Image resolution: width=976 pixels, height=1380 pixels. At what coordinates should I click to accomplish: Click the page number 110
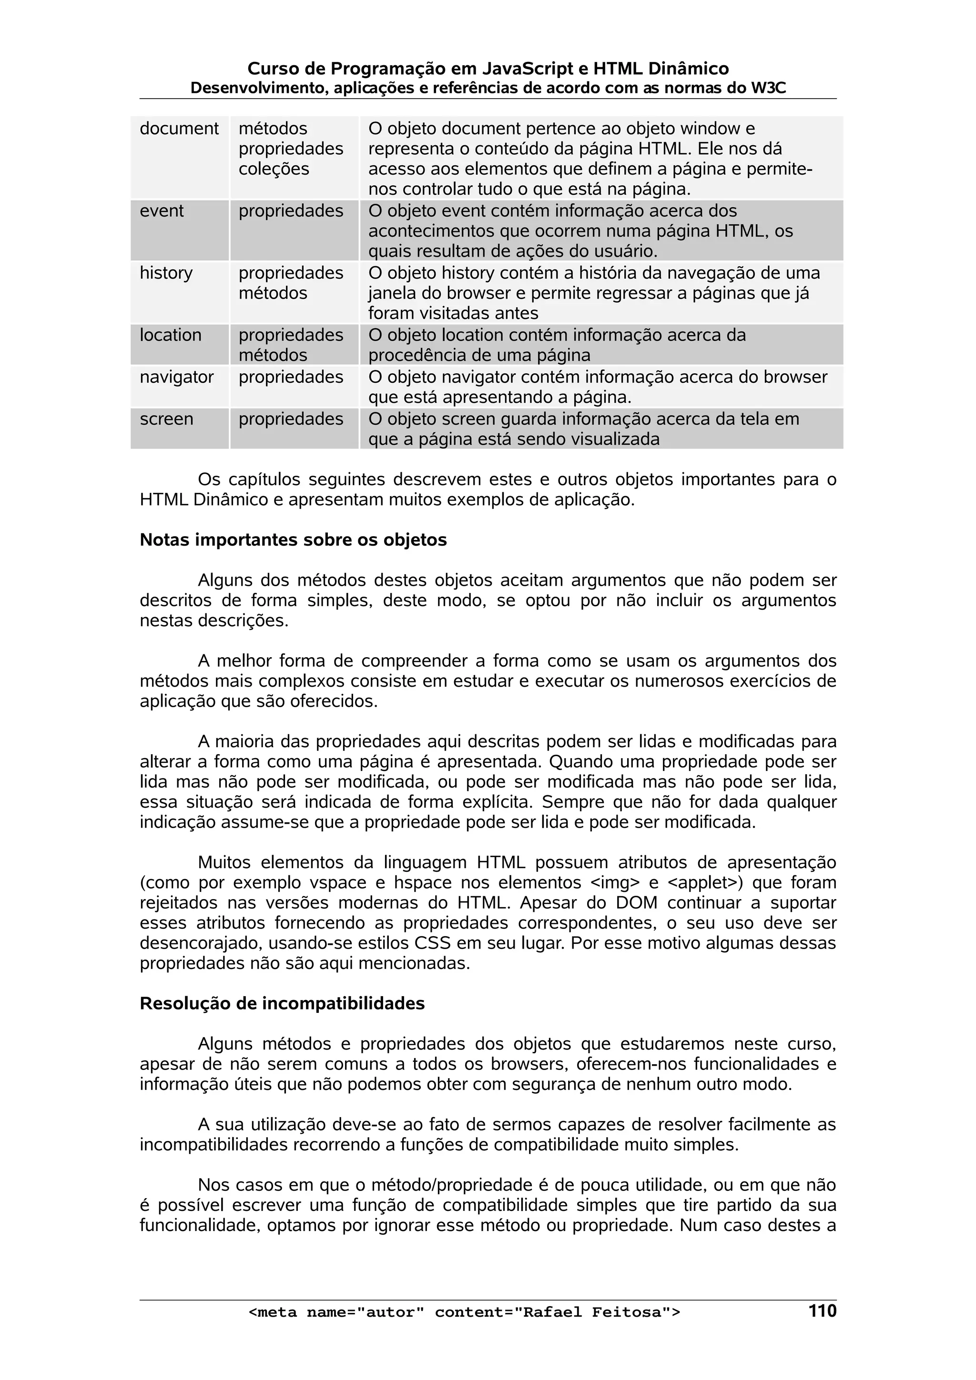[x=822, y=1311]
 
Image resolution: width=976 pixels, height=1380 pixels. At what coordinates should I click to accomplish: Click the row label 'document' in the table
[x=179, y=128]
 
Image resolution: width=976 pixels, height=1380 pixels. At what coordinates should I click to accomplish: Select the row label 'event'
[x=162, y=210]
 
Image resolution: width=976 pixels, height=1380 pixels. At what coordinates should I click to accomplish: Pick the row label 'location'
[x=170, y=334]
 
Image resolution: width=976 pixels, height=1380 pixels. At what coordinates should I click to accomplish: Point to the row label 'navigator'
[x=176, y=376]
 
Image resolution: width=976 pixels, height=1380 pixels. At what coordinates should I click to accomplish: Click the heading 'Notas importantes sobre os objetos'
[x=293, y=540]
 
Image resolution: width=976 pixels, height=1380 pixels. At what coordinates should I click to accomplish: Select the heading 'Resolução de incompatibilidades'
[x=282, y=1003]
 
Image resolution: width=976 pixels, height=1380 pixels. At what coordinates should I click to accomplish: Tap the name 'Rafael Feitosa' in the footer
[x=592, y=1312]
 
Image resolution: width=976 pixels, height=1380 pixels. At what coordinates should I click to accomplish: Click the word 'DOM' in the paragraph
[x=636, y=903]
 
